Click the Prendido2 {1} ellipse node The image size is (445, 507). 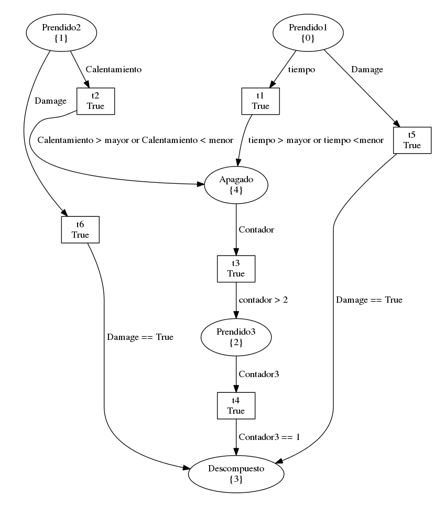point(61,32)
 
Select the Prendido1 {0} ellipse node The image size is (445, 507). point(308,32)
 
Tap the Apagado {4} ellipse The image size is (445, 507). point(236,184)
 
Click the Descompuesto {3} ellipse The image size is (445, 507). point(236,475)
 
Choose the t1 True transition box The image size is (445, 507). point(261,101)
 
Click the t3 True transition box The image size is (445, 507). point(236,268)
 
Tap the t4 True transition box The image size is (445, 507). point(236,406)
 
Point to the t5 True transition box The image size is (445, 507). point(412,140)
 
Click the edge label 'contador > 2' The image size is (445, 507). point(263,301)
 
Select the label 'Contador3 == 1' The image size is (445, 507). point(269,436)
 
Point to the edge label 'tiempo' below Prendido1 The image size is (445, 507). point(302,69)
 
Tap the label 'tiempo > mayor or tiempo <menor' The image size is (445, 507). point(316,140)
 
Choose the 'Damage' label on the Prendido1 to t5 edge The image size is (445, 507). point(367,69)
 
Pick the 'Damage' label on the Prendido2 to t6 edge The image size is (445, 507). point(51,101)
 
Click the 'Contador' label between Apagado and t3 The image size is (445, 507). point(256,229)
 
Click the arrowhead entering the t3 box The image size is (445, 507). point(236,251)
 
